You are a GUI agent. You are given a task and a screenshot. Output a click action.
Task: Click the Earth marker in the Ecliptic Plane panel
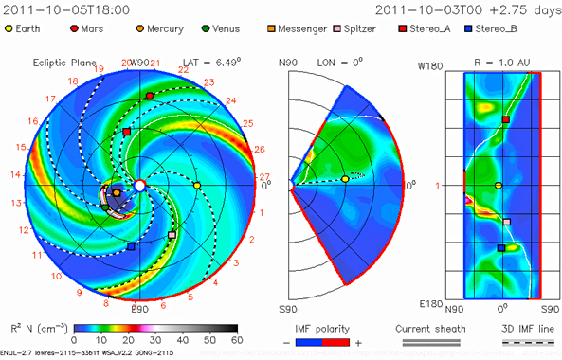coord(197,186)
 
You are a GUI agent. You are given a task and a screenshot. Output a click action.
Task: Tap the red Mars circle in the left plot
coord(150,97)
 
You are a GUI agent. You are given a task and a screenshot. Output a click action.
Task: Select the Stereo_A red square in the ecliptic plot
coord(127,131)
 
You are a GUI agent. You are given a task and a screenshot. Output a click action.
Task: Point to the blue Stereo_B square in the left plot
coord(132,246)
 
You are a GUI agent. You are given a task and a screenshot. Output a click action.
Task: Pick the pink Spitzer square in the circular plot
coord(172,234)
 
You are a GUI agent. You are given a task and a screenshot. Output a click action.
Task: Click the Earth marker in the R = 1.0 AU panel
coord(499,186)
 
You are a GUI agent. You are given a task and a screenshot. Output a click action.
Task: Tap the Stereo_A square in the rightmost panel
coord(506,120)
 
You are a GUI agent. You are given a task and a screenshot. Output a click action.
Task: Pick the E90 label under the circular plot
coord(140,309)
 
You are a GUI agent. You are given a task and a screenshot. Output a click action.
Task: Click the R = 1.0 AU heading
coord(502,63)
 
